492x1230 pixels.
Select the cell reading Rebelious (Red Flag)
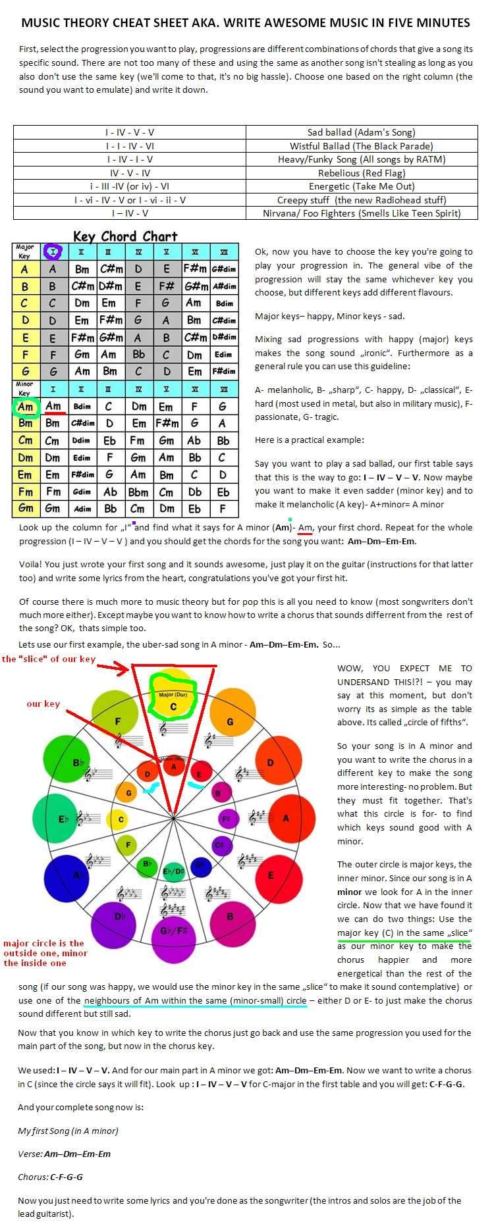(x=361, y=173)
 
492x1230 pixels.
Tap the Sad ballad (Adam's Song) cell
(x=361, y=132)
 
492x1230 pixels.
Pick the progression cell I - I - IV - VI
(x=130, y=146)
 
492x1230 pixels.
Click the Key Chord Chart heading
(x=125, y=236)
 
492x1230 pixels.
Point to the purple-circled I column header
(x=53, y=251)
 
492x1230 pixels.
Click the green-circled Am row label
(x=26, y=406)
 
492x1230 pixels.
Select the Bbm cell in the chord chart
(x=138, y=492)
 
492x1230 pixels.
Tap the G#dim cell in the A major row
(x=224, y=269)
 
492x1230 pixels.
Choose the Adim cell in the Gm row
(x=82, y=509)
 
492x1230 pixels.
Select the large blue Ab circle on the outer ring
(x=78, y=875)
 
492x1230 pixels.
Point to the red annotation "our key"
(x=43, y=704)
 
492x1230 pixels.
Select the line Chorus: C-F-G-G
(x=50, y=1177)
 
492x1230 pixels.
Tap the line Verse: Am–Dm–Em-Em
(x=64, y=1154)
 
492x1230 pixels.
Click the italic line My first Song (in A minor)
(x=68, y=1131)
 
